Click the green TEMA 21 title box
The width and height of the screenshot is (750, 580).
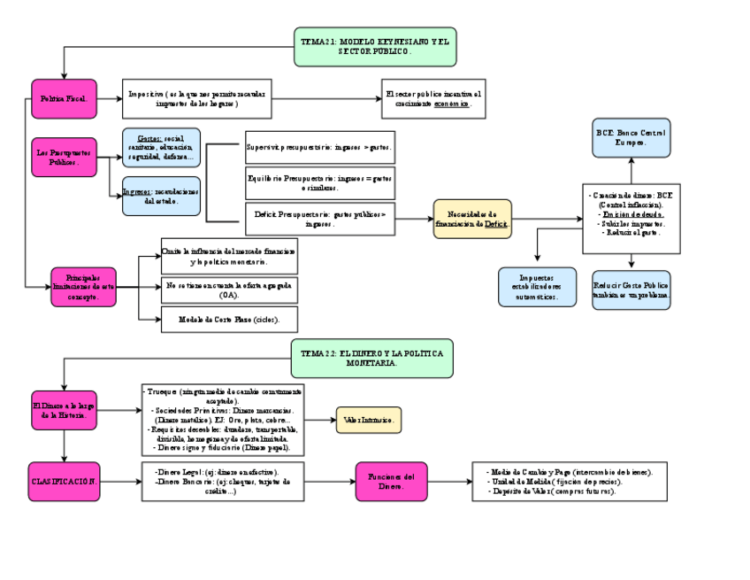click(x=375, y=47)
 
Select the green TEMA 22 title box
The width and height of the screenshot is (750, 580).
click(x=371, y=358)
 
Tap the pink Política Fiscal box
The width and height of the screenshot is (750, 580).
click(x=63, y=99)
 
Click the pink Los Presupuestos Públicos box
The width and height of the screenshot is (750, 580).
click(x=63, y=158)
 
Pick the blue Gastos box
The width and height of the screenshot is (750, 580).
click(x=161, y=148)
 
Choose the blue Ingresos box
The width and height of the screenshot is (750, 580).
click(x=161, y=196)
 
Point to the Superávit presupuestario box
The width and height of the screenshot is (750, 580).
click(x=319, y=146)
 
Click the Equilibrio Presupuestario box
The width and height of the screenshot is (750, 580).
click(x=319, y=182)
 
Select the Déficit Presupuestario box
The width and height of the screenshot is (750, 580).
click(x=319, y=219)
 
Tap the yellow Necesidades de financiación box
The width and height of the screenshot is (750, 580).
click(x=472, y=220)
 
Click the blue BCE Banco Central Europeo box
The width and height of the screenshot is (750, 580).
click(x=631, y=137)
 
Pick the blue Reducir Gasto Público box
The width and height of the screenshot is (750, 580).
click(x=631, y=290)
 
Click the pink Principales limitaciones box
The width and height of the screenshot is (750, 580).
click(x=83, y=287)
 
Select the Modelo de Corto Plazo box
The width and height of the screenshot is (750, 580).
click(x=229, y=319)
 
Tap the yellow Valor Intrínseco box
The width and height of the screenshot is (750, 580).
click(x=368, y=420)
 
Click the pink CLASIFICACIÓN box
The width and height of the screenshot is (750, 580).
click(x=64, y=481)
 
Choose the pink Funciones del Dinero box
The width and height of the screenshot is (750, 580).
click(x=391, y=482)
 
